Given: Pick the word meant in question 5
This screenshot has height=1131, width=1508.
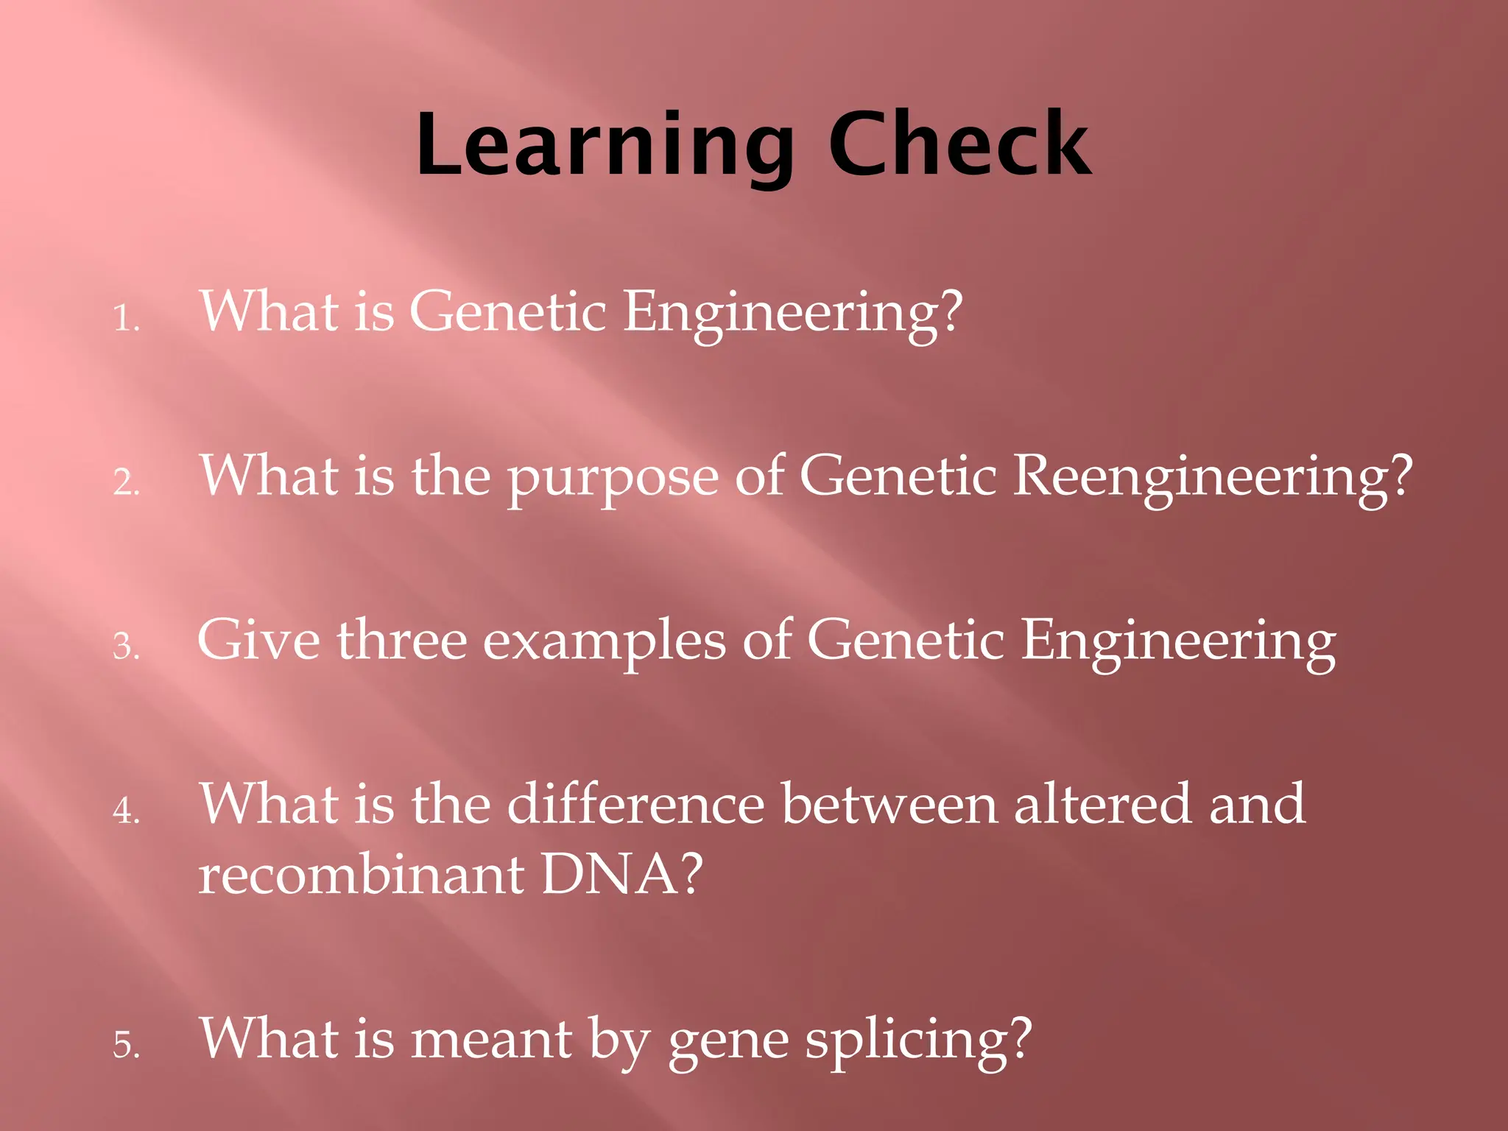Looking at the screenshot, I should tap(491, 1040).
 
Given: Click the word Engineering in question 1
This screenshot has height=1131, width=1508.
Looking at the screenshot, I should tap(792, 314).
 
